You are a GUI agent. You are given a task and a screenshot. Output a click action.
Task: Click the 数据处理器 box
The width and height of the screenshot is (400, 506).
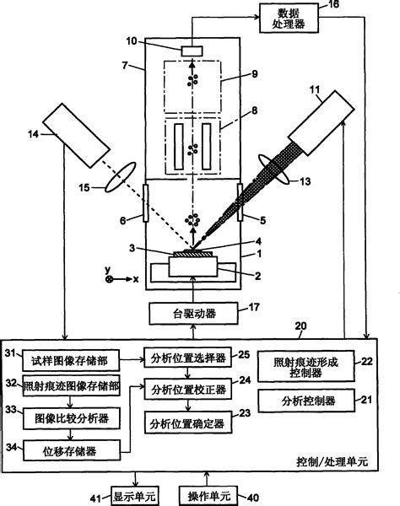pos(289,18)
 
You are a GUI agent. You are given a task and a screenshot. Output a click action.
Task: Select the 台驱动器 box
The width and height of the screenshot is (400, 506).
pos(194,314)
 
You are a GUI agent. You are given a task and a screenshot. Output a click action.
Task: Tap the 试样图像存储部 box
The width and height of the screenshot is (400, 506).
pos(71,360)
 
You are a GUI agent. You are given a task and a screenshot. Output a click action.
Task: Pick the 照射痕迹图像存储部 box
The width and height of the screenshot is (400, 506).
pos(71,385)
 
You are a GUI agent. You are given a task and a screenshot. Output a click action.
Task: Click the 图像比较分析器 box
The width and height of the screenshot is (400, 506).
pos(72,418)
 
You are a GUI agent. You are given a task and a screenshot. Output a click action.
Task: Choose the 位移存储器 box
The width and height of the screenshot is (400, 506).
pos(72,451)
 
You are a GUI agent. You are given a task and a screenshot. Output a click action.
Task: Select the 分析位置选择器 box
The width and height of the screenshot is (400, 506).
pos(188,358)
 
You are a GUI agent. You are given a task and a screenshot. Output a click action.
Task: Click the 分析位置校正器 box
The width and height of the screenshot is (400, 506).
pos(188,390)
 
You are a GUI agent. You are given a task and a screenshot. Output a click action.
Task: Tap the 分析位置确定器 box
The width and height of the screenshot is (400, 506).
pos(188,423)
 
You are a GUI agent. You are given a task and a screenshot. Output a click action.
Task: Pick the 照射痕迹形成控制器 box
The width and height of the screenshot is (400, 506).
pos(305,367)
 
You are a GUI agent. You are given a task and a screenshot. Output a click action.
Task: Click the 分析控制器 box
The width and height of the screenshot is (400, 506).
pos(306,401)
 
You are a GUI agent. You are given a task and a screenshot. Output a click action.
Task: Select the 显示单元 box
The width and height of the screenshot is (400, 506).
pos(135,496)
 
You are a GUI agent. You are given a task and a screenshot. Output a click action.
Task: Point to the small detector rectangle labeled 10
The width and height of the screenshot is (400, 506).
pos(192,51)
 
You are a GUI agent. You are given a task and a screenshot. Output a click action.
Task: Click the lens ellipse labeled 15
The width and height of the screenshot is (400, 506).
pos(120,177)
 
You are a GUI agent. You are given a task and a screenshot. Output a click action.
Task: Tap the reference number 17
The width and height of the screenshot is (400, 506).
pos(254,307)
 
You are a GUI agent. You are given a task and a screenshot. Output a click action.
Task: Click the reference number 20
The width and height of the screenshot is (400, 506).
pos(300,326)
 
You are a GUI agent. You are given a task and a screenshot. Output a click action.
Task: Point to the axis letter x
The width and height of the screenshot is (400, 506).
pos(136,279)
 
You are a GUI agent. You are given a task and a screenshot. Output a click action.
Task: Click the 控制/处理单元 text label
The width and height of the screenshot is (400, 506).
pos(332,462)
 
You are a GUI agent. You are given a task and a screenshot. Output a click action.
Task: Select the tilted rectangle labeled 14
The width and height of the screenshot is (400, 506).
pos(76,136)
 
